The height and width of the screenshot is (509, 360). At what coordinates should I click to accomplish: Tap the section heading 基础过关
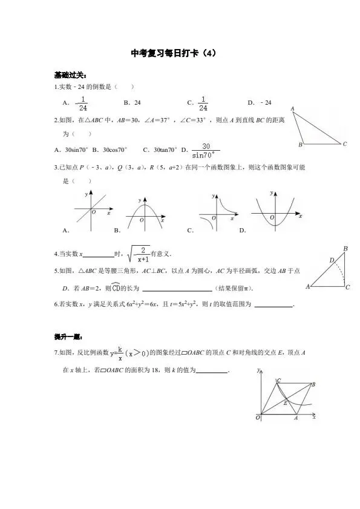[x=70, y=76]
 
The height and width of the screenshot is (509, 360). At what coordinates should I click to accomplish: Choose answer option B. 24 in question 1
[x=132, y=103]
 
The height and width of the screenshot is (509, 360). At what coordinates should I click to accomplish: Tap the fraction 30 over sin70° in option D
[x=206, y=149]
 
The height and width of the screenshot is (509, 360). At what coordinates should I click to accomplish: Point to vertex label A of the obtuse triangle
[x=293, y=109]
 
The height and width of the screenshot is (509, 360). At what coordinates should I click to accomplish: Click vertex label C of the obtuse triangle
[x=344, y=144]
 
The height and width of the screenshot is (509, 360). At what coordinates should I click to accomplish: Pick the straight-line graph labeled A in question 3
[x=91, y=212]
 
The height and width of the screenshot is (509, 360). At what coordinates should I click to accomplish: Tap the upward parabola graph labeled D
[x=275, y=212]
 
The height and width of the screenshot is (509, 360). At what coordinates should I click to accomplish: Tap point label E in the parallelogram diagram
[x=285, y=402]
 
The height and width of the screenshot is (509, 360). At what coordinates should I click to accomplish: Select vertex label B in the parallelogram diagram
[x=313, y=384]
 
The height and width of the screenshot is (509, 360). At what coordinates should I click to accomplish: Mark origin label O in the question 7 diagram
[x=258, y=418]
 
